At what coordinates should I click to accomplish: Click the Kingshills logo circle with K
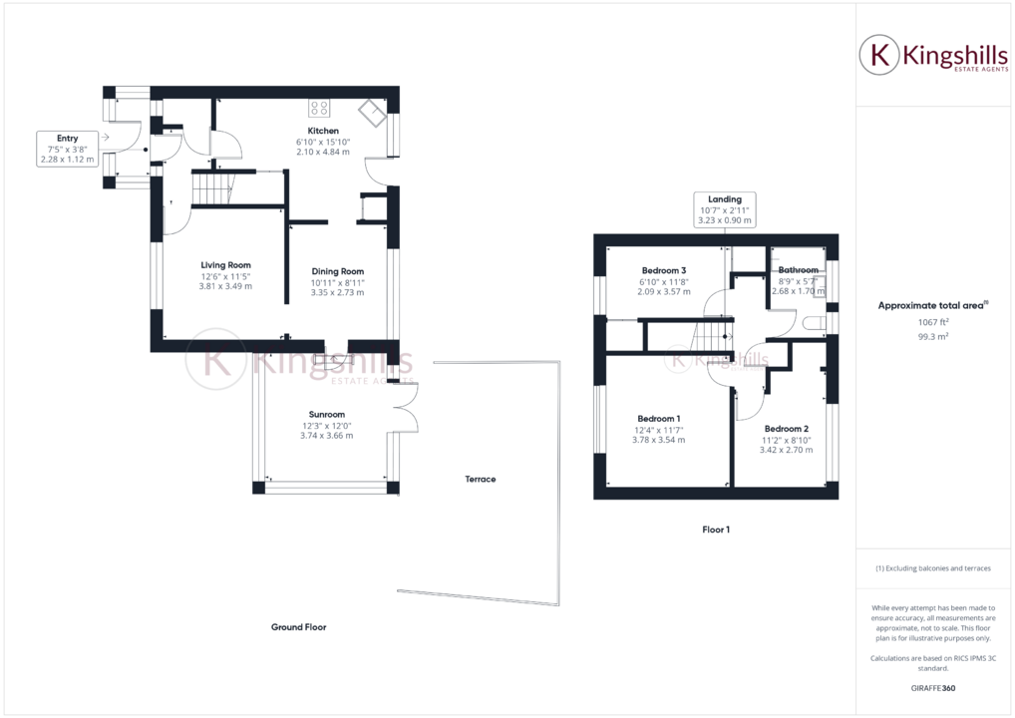879,56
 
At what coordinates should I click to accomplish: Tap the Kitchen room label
323,131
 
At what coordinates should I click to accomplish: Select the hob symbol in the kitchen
320,109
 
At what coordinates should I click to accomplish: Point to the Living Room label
225,265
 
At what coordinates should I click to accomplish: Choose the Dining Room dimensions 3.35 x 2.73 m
337,292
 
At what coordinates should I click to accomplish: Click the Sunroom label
326,413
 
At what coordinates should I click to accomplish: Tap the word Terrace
480,480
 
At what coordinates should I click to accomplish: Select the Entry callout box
68,148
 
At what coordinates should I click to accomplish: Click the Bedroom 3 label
663,270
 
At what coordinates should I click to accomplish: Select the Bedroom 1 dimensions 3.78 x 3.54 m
658,440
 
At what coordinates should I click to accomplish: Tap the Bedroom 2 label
786,429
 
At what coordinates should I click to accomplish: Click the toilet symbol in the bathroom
812,323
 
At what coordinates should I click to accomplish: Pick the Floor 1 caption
716,530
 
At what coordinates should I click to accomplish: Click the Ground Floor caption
298,627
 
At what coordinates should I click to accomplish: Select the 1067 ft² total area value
932,322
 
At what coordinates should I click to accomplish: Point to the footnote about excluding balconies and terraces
932,568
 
